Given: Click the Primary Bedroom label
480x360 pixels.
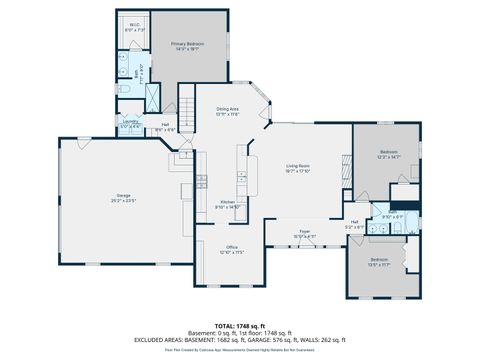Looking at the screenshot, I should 187,46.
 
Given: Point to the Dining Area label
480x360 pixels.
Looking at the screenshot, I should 228,110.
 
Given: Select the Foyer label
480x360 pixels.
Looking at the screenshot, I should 305,232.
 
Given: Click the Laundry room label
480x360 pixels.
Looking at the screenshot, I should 130,125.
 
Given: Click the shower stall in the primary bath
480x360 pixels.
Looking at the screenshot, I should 157,96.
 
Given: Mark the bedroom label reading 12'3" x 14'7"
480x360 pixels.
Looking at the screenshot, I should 388,154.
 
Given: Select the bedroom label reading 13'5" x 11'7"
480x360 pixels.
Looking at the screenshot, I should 380,262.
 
